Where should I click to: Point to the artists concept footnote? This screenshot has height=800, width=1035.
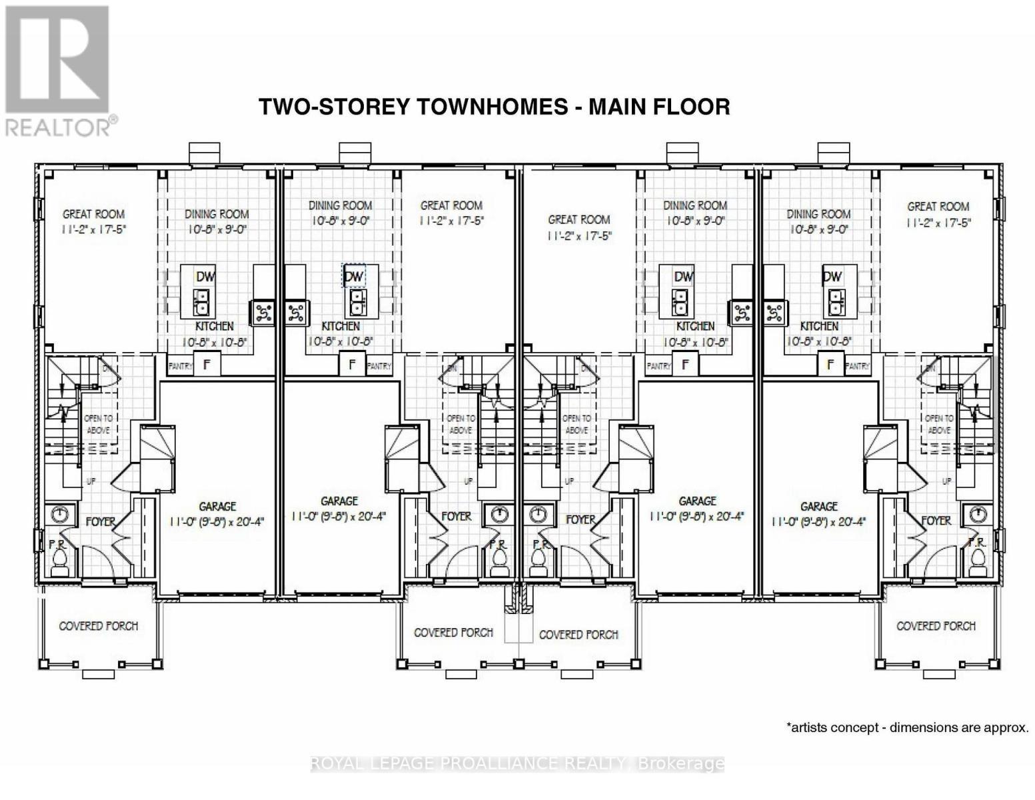pyautogui.click(x=908, y=727)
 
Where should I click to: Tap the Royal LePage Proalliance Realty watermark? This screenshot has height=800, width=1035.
pyautogui.click(x=517, y=763)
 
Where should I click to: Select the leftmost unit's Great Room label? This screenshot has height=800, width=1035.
pyautogui.click(x=93, y=214)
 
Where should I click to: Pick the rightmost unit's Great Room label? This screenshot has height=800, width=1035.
pyautogui.click(x=938, y=207)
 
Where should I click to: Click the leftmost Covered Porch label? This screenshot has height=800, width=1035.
pyautogui.click(x=99, y=626)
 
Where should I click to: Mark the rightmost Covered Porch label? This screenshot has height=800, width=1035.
pyautogui.click(x=936, y=626)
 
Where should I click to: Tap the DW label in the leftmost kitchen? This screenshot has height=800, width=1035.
pyautogui.click(x=205, y=276)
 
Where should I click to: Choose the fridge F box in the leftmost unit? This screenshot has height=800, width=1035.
pyautogui.click(x=207, y=365)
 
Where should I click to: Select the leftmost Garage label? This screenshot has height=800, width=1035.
pyautogui.click(x=217, y=507)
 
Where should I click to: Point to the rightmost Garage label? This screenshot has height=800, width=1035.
pyautogui.click(x=818, y=507)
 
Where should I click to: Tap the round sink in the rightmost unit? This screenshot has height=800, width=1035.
pyautogui.click(x=978, y=514)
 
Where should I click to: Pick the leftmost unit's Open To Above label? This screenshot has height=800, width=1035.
pyautogui.click(x=99, y=424)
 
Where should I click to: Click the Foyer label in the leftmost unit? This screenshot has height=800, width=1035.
pyautogui.click(x=101, y=521)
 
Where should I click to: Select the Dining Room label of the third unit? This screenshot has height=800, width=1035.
pyautogui.click(x=695, y=205)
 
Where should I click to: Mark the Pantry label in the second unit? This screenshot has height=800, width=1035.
pyautogui.click(x=379, y=366)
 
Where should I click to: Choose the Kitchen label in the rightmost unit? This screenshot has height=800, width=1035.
pyautogui.click(x=819, y=326)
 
